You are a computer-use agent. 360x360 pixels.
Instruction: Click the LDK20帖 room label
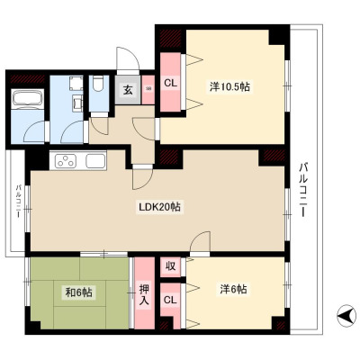(x=159, y=207)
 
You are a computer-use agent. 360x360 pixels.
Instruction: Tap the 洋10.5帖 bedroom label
(x=229, y=87)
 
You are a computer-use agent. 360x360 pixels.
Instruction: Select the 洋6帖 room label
(x=233, y=290)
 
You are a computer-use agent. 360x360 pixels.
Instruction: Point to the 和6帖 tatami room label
(x=79, y=292)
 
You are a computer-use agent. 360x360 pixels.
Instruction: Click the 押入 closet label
(x=144, y=295)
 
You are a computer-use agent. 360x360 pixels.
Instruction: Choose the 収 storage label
(x=170, y=266)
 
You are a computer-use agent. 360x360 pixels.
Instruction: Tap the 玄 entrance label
(x=128, y=90)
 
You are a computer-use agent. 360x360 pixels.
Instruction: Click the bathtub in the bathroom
(x=27, y=98)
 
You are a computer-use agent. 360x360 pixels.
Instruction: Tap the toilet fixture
(x=98, y=85)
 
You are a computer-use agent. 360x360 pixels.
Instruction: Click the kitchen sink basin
(x=95, y=161)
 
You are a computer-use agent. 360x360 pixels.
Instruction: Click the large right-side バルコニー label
(x=304, y=189)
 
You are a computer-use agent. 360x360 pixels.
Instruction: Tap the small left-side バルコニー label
(x=18, y=202)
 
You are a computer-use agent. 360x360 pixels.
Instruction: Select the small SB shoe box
(x=148, y=89)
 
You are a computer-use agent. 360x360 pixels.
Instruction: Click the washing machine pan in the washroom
(x=76, y=84)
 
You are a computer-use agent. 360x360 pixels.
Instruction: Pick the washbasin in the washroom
(x=76, y=103)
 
